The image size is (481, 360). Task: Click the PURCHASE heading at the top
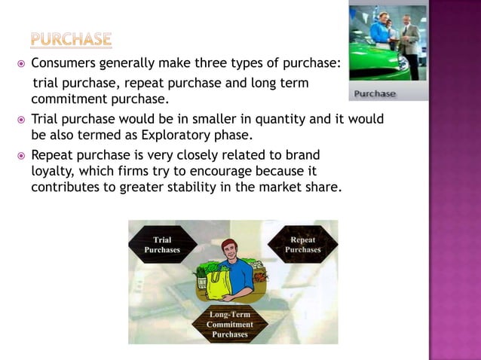72,38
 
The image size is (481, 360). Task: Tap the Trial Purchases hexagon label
162,244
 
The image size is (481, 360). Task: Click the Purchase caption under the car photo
375,93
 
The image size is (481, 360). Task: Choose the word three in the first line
195,63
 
